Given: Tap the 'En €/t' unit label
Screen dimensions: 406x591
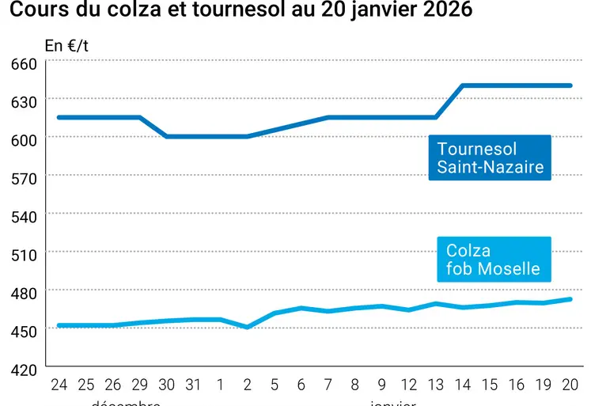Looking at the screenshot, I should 66,45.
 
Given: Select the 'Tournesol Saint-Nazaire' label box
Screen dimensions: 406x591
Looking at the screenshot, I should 490,157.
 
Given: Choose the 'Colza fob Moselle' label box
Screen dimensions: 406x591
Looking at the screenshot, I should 493,260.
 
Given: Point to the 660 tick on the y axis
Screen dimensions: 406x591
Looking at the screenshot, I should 23,63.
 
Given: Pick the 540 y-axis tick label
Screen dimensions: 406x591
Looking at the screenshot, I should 23,215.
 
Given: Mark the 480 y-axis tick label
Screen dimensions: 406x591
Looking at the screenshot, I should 23,293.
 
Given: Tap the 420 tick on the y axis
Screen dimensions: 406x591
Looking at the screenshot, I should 23,369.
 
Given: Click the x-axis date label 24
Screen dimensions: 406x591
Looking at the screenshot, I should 59,385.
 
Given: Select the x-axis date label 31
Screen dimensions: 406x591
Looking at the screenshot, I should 193,385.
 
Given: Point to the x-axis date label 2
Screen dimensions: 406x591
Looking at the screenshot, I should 248,385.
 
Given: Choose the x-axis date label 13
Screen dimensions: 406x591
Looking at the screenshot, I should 435,385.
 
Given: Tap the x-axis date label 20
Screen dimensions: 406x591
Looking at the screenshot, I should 570,385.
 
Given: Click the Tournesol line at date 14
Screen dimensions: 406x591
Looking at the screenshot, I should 463,85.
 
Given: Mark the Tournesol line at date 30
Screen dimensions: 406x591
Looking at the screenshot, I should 166,136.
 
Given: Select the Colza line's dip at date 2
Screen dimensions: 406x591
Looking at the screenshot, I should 248,326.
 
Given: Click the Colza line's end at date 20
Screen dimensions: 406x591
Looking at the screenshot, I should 570,299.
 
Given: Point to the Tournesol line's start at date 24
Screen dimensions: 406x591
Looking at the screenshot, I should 59,117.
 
